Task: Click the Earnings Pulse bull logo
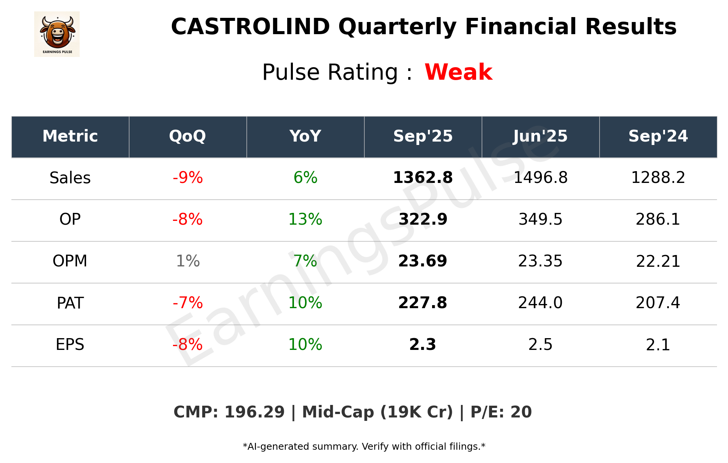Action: pos(57,34)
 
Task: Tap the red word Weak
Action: pos(458,72)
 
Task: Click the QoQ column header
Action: pos(187,136)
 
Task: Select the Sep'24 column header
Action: pos(658,136)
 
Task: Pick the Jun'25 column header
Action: pos(540,136)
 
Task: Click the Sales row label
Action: pos(70,178)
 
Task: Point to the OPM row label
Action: pos(70,261)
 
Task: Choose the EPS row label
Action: pos(70,345)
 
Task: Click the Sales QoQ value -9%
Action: pos(187,178)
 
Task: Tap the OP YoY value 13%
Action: pos(305,219)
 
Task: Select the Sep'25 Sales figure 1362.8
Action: pos(423,178)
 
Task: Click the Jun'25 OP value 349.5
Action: pos(540,219)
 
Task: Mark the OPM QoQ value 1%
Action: pos(187,261)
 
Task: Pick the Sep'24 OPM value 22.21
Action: pos(658,261)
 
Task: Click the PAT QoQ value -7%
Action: pos(187,303)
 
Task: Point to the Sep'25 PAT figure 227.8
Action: pos(423,303)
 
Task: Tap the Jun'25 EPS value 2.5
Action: pos(540,345)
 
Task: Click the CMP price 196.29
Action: pos(254,412)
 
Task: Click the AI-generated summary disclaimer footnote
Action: pos(364,447)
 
